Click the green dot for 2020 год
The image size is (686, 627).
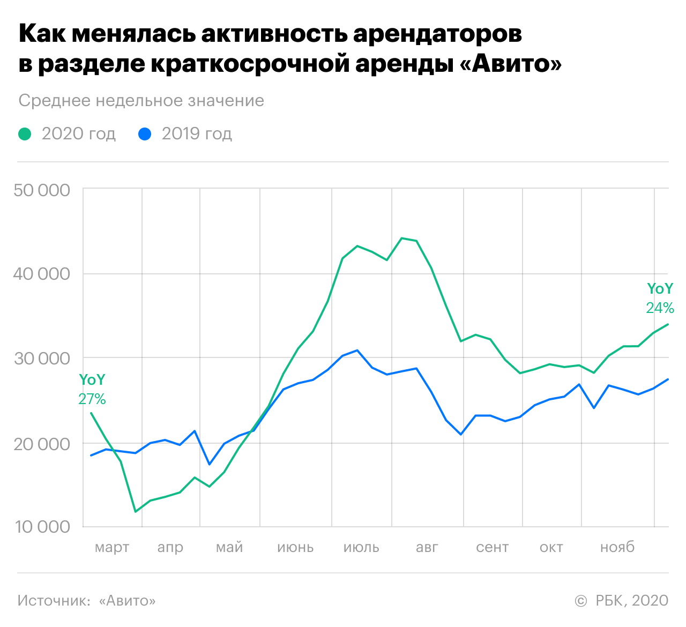click(x=25, y=133)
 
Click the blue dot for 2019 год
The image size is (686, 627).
click(x=145, y=133)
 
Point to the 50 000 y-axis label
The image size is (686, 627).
click(x=42, y=190)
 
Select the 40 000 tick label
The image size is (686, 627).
click(x=42, y=274)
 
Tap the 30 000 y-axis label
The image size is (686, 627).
click(x=42, y=358)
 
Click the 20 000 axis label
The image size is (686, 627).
click(x=42, y=444)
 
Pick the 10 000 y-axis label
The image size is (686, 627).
click(x=42, y=527)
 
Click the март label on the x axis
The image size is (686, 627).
click(x=112, y=547)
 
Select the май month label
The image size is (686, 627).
click(x=229, y=547)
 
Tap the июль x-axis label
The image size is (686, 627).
click(x=361, y=547)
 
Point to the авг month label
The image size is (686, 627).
click(x=427, y=547)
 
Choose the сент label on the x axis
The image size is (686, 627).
click(x=492, y=547)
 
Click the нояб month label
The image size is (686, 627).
click(x=617, y=547)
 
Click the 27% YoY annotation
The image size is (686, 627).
click(x=92, y=399)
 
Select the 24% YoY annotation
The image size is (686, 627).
click(x=660, y=308)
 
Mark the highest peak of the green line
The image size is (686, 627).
click(x=402, y=238)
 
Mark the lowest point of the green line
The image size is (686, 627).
click(x=136, y=512)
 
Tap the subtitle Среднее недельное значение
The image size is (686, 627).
click(x=141, y=101)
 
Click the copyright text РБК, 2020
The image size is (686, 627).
click(x=631, y=601)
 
